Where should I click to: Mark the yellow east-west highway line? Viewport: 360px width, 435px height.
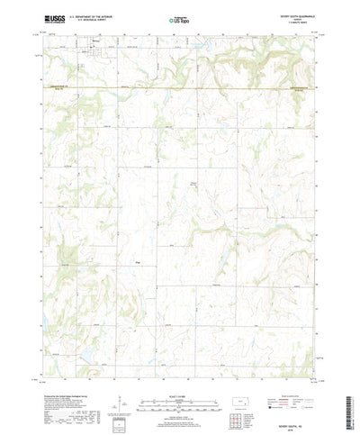click(x=180, y=87)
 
